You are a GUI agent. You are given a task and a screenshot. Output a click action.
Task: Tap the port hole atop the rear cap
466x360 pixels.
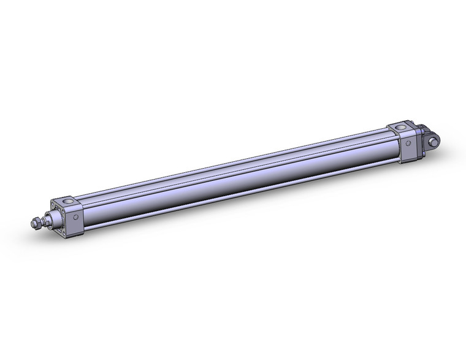(x=400, y=128)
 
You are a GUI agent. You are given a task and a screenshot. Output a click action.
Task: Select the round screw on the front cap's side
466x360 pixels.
(x=77, y=217)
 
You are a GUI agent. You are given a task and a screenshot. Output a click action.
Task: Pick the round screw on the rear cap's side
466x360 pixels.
(x=409, y=143)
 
